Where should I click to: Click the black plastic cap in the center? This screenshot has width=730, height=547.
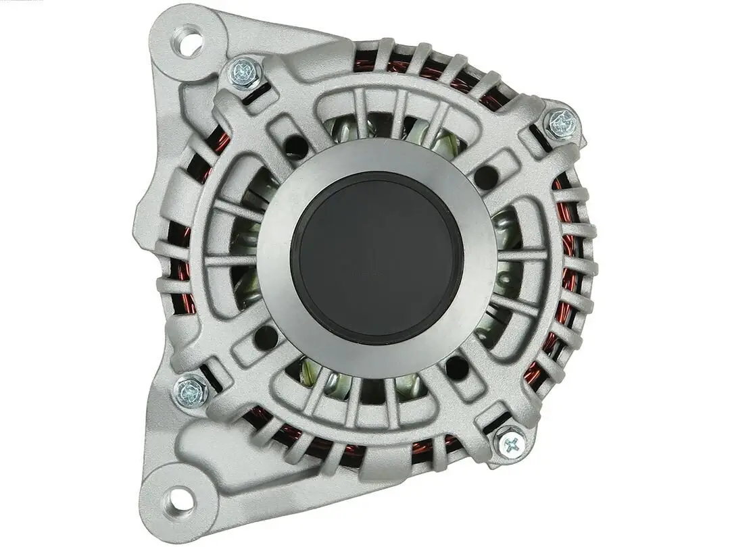coord(376,257)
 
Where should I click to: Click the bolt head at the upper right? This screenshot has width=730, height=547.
coord(561,124)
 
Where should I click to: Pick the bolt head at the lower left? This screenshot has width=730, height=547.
coord(191,391)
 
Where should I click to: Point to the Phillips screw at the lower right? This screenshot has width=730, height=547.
coord(511,443)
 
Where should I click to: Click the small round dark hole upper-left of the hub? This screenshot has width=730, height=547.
coord(295,147)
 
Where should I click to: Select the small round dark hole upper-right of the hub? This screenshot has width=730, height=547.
coord(485,178)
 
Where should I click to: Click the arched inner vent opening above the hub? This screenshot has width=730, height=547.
coord(392,125)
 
